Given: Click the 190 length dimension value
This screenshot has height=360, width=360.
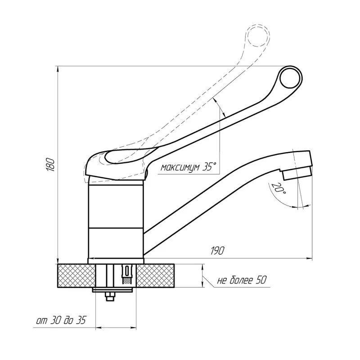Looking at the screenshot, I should (x=216, y=250).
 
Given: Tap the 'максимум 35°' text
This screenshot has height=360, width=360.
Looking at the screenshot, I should (x=188, y=167).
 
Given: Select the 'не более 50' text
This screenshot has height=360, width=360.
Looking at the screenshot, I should (x=242, y=280).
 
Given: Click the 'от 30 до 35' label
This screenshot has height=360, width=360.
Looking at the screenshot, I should (x=61, y=321).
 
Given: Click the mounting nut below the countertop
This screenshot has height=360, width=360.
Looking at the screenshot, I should (x=110, y=297).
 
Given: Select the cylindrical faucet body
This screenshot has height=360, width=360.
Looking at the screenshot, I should (x=116, y=220).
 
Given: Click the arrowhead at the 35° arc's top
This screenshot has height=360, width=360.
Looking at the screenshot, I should (x=217, y=99).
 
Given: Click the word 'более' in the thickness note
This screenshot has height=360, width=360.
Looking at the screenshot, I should (x=243, y=280).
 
